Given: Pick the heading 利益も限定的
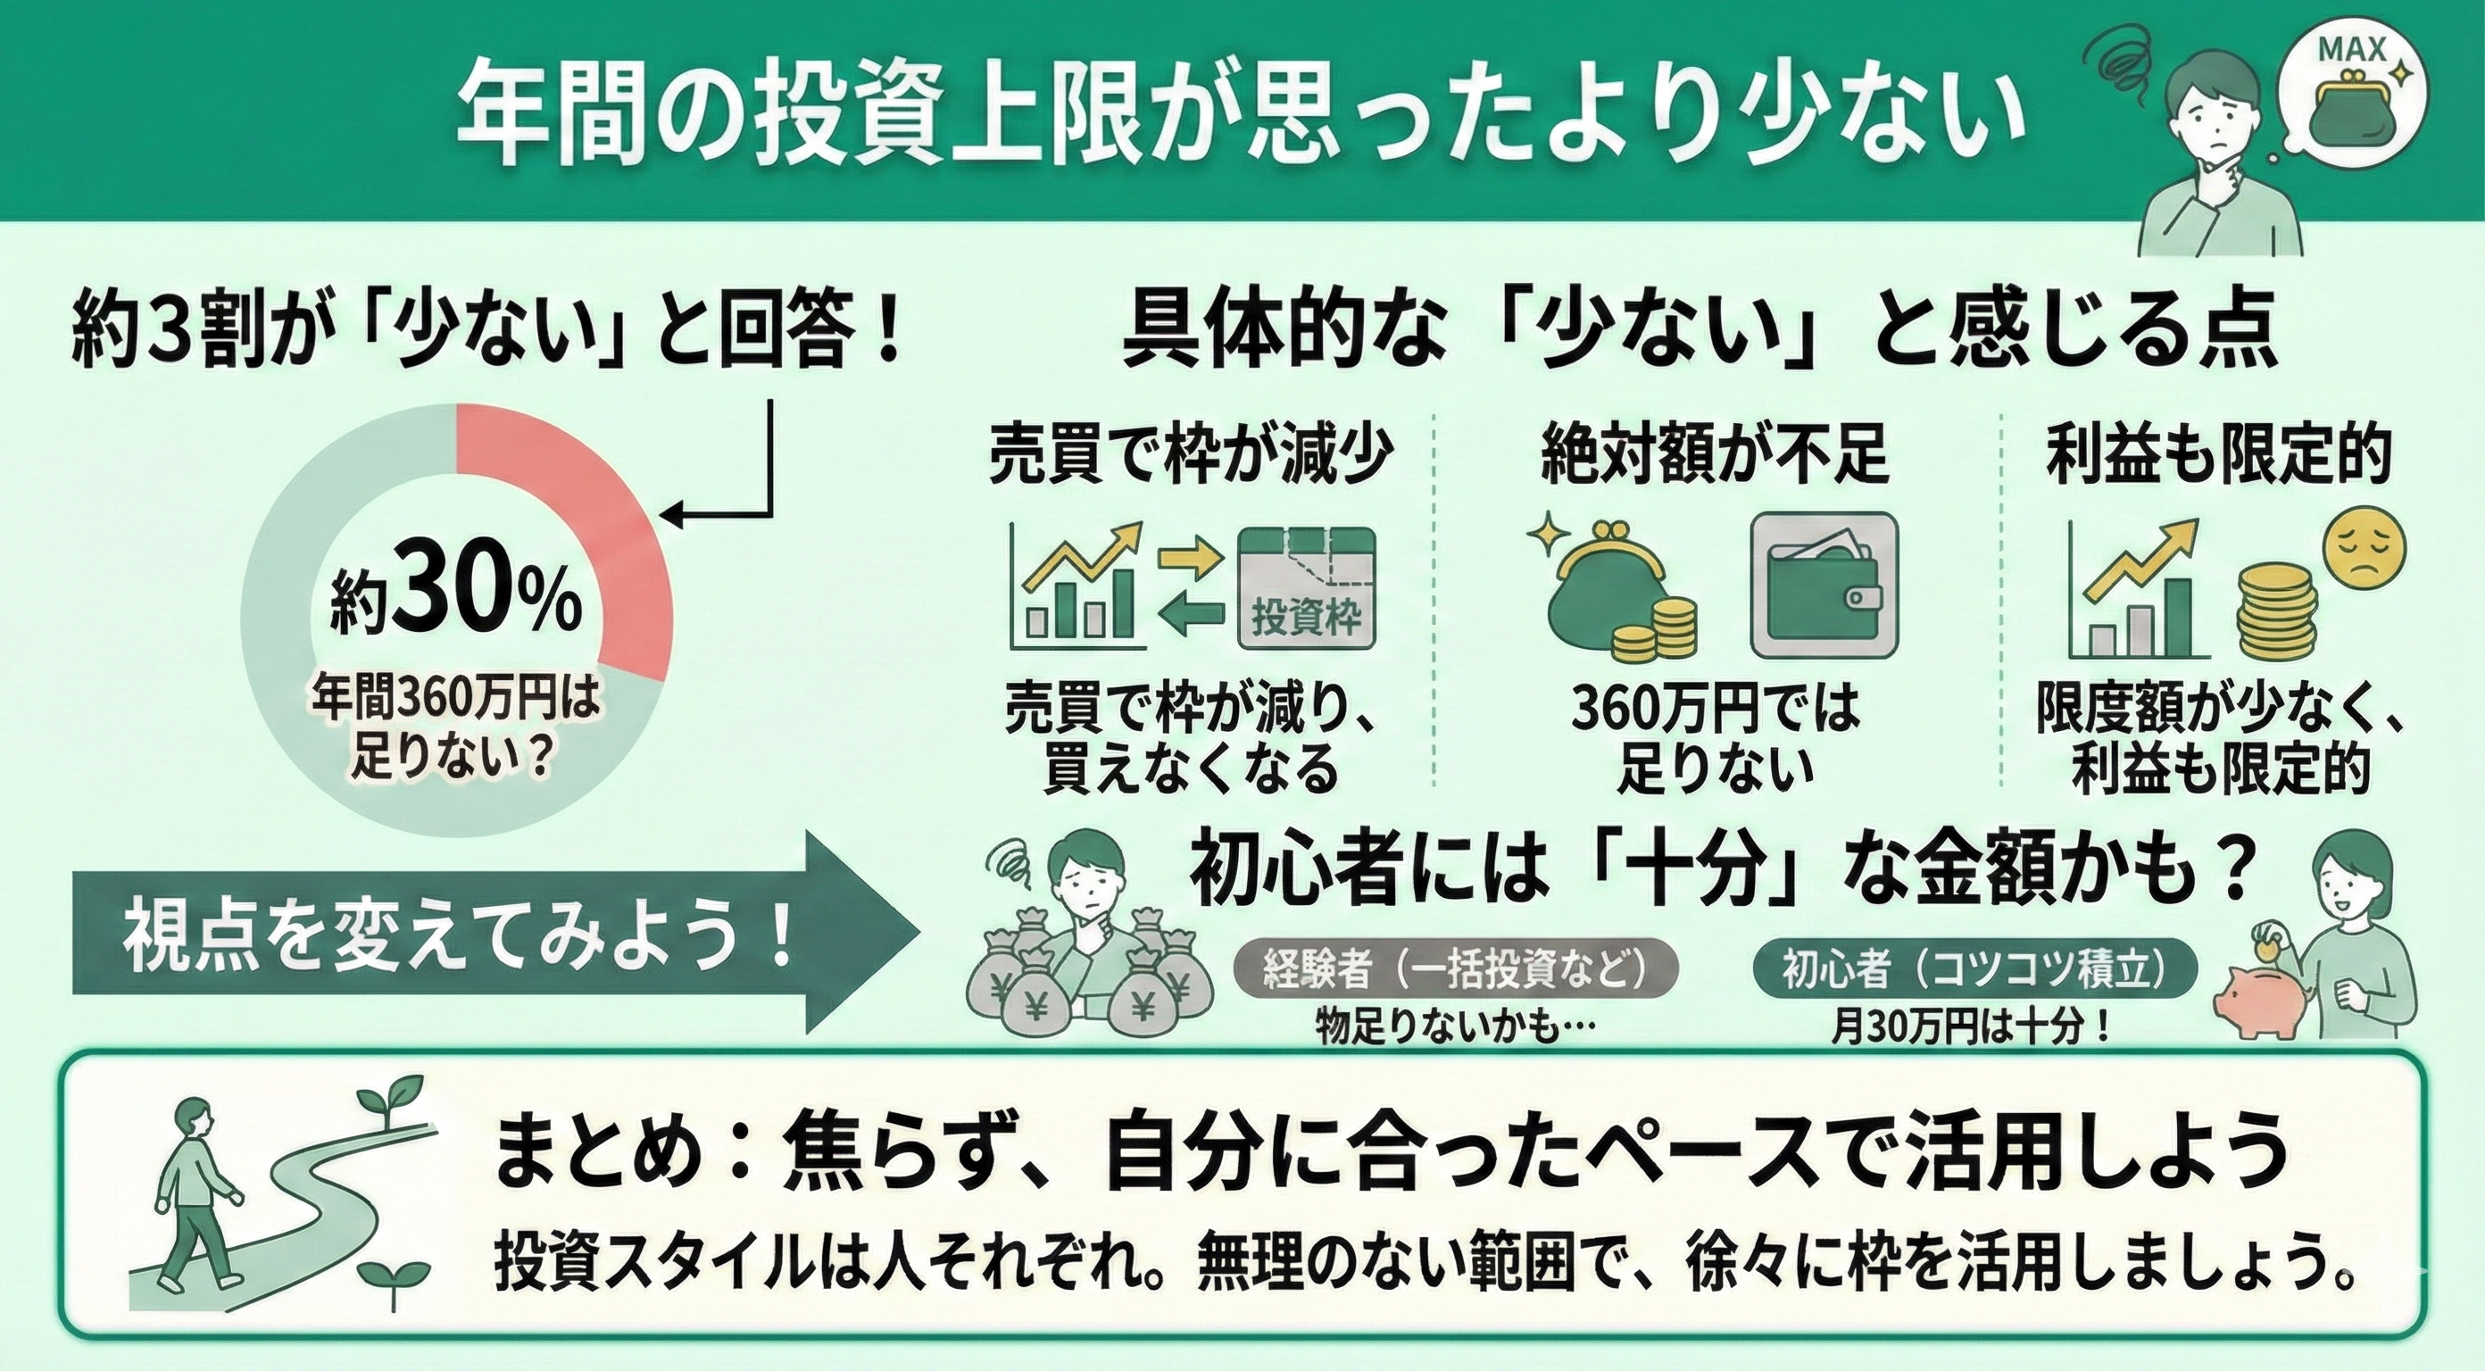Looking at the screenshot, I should tap(2219, 453).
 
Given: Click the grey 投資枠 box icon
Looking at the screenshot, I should tap(1307, 587).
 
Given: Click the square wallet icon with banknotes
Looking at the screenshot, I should tap(1824, 586).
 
